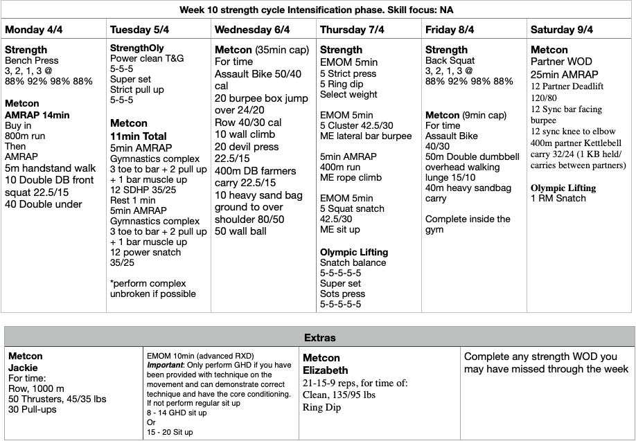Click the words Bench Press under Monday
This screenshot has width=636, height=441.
click(32, 60)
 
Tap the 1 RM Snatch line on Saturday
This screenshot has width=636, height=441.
click(558, 198)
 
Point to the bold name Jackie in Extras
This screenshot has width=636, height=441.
click(23, 368)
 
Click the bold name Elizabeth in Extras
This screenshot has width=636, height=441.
click(326, 370)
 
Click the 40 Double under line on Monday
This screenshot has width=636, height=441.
click(44, 204)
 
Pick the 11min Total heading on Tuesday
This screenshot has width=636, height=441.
click(138, 136)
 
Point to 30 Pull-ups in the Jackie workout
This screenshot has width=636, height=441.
click(34, 409)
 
